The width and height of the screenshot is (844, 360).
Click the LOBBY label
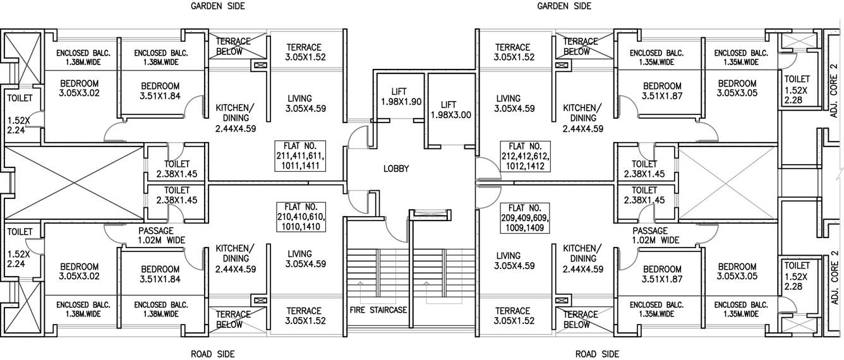[x=396, y=169]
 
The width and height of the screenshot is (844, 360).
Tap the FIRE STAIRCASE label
[x=378, y=310]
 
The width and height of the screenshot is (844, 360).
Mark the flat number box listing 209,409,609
[x=525, y=217]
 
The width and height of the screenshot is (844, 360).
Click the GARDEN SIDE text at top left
[x=218, y=6]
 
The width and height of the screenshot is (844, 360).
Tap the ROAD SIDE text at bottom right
[x=597, y=354]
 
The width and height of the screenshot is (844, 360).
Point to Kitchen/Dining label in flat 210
[x=235, y=258]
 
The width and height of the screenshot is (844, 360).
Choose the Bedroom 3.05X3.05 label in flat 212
[x=737, y=88]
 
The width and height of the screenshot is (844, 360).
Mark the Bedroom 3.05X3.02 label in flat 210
[x=79, y=271]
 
